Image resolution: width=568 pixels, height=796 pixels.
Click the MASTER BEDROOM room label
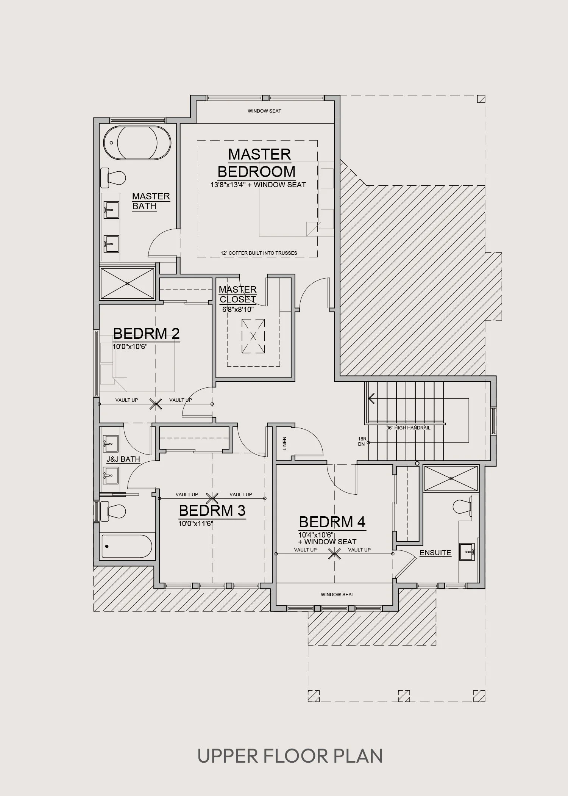[x=256, y=163]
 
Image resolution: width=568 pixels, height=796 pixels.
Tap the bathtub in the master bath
[x=137, y=143]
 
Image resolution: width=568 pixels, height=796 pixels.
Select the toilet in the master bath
[x=113, y=177]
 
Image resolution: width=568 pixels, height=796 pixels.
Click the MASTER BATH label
[x=151, y=201]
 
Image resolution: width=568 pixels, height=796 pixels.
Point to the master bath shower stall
[x=127, y=284]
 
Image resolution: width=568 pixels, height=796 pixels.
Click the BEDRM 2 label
[x=146, y=334]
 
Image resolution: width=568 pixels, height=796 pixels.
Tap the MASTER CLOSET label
[x=238, y=295]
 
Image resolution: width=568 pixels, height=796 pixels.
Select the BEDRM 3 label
[x=212, y=511]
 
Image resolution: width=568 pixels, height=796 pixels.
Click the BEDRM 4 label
[x=332, y=522]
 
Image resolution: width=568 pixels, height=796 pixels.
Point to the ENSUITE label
[x=435, y=553]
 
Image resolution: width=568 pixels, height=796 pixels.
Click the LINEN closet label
[x=284, y=443]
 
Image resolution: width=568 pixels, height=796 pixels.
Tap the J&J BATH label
[x=123, y=459]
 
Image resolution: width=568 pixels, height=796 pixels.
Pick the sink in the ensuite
[x=467, y=552]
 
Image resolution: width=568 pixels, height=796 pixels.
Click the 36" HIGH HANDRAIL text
[x=408, y=428]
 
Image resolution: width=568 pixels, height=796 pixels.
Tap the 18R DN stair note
[x=362, y=441]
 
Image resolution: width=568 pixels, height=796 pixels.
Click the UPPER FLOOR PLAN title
[x=290, y=755]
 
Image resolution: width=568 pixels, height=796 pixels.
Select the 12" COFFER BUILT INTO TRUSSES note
[x=259, y=253]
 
